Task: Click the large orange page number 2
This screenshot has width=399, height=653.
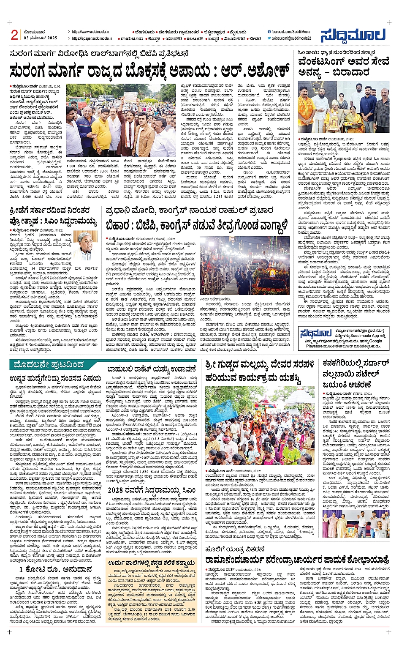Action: click(14, 34)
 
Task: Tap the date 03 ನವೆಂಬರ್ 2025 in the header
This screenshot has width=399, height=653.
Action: click(41, 38)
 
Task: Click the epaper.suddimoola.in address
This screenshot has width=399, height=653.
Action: click(92, 38)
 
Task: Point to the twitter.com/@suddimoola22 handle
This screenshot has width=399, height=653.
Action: click(291, 38)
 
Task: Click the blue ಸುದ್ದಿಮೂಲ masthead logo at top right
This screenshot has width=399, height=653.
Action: click(353, 36)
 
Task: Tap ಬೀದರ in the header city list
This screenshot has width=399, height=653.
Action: click(255, 38)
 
